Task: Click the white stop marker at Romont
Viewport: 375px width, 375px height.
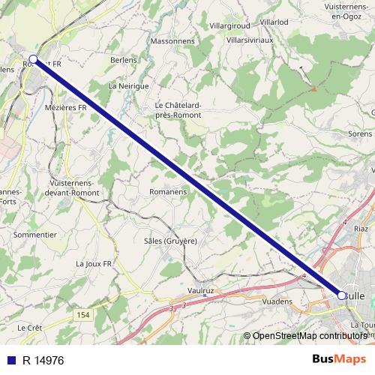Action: (33, 58)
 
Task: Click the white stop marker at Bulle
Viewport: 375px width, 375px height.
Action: (342, 295)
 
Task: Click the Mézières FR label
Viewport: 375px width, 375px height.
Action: (66, 108)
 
